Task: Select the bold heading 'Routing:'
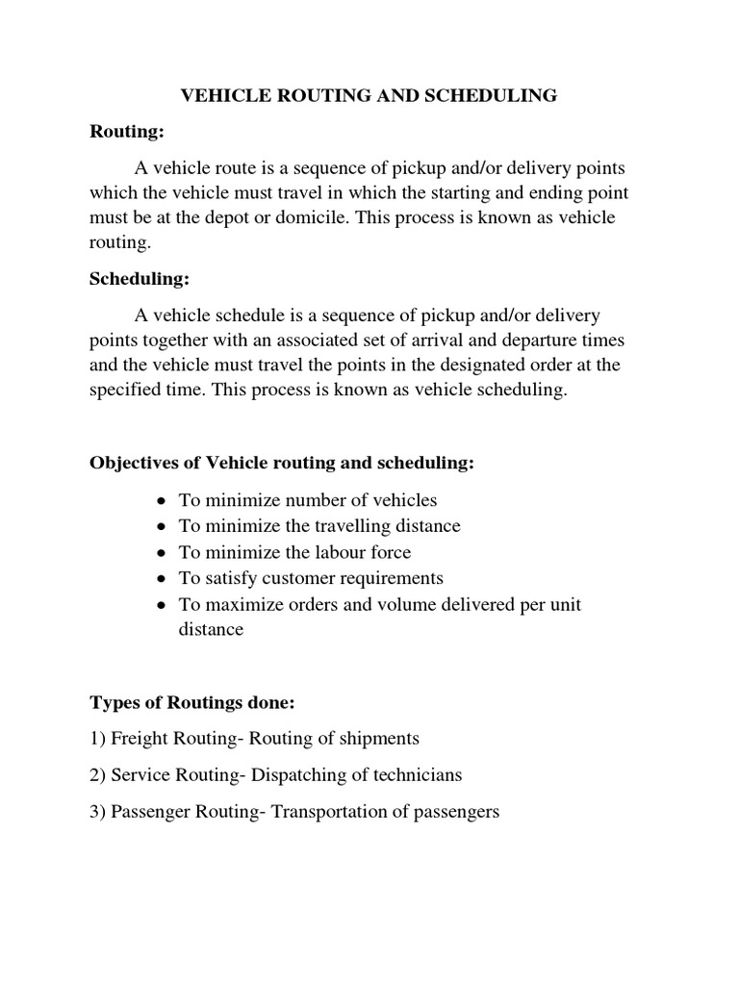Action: [x=122, y=132]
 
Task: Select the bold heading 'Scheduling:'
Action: [x=139, y=279]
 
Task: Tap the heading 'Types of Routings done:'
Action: [x=191, y=703]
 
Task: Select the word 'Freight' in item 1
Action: [x=140, y=739]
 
